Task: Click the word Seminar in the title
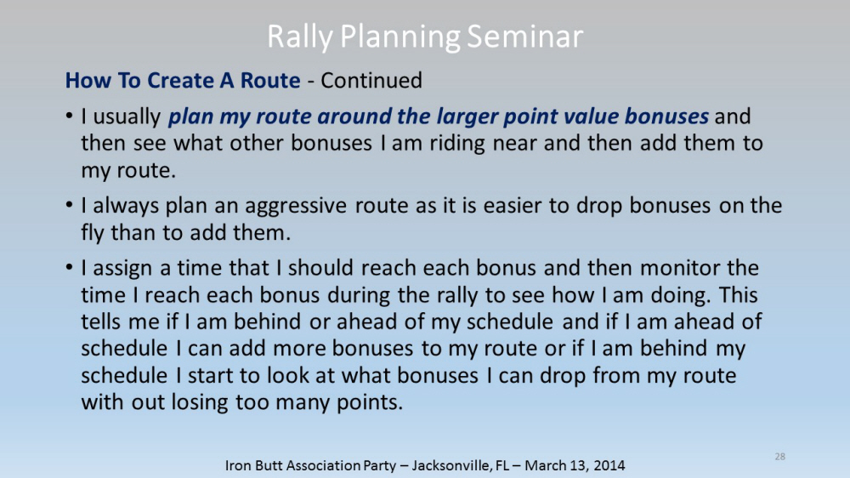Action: coord(524,37)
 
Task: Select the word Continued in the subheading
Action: coord(371,80)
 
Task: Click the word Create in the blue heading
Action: coord(180,80)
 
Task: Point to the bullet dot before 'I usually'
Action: coord(69,117)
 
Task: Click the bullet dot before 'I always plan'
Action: coord(69,206)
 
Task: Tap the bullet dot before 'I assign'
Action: coord(69,268)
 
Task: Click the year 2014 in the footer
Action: coord(609,465)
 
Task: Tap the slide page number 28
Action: coord(780,457)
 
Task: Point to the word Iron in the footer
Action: coord(237,465)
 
